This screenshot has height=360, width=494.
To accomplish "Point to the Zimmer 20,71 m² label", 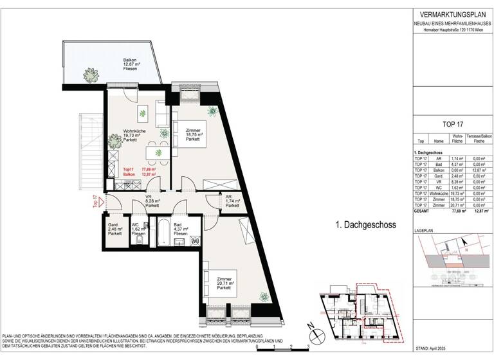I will pos(224,283).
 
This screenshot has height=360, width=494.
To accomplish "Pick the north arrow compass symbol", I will pos(315,334).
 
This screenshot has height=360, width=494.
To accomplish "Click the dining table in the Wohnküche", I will pos(155,152).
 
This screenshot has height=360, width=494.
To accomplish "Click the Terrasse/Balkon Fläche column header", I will pos(477,138).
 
